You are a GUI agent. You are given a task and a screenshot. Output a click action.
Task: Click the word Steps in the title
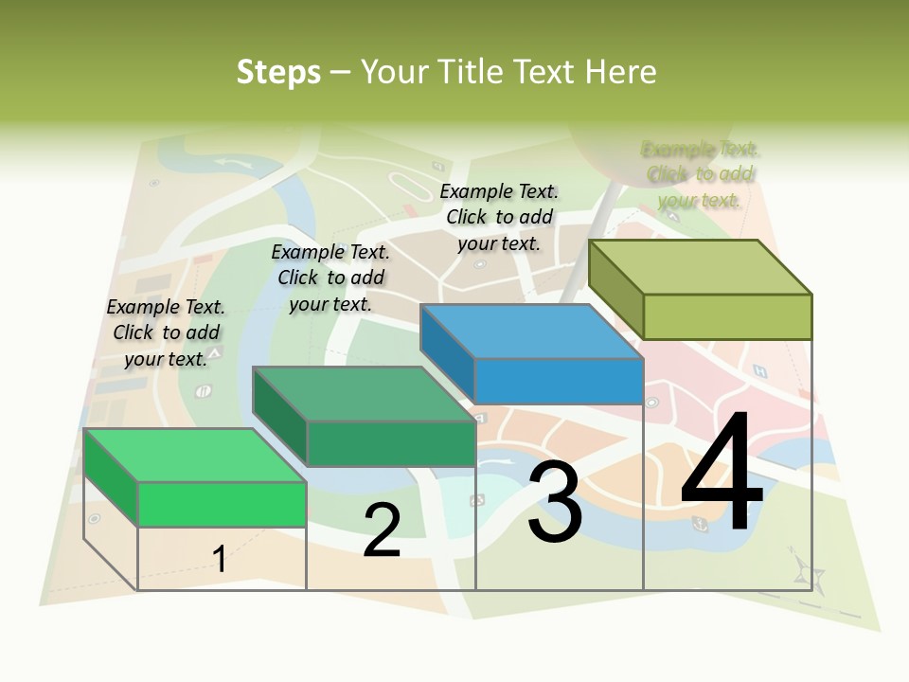click(x=277, y=72)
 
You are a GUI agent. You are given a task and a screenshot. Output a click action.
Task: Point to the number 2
click(x=382, y=530)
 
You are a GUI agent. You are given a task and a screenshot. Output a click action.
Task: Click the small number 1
click(x=219, y=559)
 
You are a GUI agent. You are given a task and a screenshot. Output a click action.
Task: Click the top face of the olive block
click(x=701, y=266)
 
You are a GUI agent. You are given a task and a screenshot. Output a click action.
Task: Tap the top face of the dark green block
click(x=365, y=394)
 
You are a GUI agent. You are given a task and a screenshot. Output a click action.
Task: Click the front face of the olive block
click(x=727, y=316)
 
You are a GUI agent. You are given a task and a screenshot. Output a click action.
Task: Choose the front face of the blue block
click(x=559, y=382)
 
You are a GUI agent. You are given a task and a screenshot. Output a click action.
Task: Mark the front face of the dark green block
click(x=390, y=443)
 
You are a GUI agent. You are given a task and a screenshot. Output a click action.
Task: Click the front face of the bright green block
click(x=222, y=504)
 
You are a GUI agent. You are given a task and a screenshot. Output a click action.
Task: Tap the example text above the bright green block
click(x=167, y=332)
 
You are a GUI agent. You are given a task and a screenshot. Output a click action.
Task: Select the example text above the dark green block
click(x=330, y=278)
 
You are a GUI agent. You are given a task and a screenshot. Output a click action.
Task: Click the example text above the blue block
click(x=499, y=217)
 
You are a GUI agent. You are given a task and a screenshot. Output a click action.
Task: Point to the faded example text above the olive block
click(x=700, y=174)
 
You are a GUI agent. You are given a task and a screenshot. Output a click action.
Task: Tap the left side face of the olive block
click(x=615, y=288)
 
